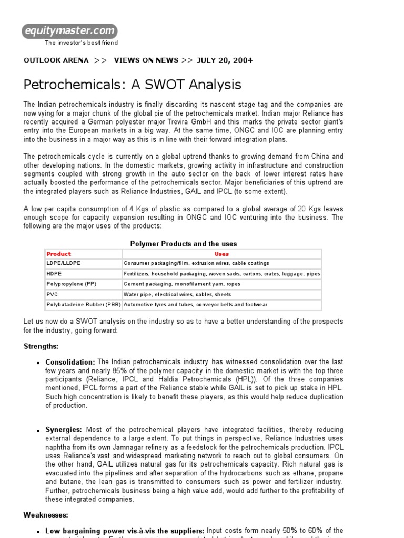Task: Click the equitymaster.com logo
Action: pyautogui.click(x=70, y=32)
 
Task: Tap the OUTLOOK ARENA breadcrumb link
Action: pyautogui.click(x=56, y=60)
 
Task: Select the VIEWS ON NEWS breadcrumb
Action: pyautogui.click(x=146, y=60)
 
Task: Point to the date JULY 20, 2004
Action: pyautogui.click(x=225, y=60)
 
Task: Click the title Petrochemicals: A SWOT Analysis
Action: pyautogui.click(x=133, y=85)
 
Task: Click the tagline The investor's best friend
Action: pyautogui.click(x=81, y=43)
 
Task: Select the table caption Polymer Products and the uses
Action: pyautogui.click(x=183, y=244)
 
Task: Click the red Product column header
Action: pyautogui.click(x=59, y=254)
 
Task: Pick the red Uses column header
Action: pyautogui.click(x=222, y=254)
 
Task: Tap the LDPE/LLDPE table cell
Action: pyautogui.click(x=64, y=263)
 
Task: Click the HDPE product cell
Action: pyautogui.click(x=54, y=274)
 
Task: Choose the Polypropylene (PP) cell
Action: pyautogui.click(x=72, y=284)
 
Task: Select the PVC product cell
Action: pyautogui.click(x=52, y=294)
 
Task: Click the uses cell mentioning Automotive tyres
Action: pyautogui.click(x=196, y=305)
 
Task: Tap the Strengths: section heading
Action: pyautogui.click(x=41, y=346)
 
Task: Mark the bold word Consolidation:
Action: pyautogui.click(x=70, y=362)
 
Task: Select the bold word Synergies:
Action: pyautogui.click(x=64, y=430)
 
